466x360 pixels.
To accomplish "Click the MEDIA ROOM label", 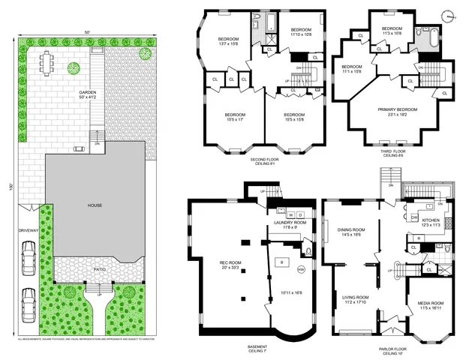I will click(x=430, y=304).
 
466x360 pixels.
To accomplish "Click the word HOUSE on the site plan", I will click(x=95, y=205).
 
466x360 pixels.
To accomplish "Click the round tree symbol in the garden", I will click(x=74, y=69).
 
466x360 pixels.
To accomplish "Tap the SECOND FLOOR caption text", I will click(x=265, y=160).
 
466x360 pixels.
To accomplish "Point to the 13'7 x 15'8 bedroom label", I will click(x=229, y=41).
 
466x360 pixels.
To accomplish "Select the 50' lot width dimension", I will click(x=88, y=32).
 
